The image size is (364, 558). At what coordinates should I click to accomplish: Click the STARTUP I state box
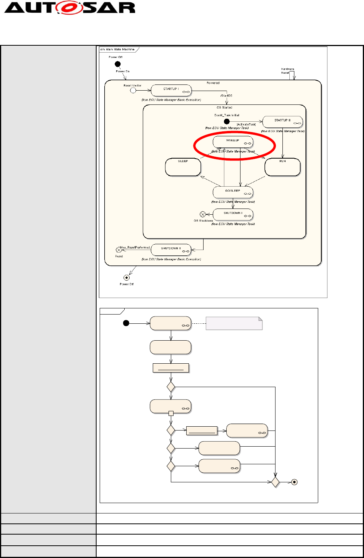coord(171,90)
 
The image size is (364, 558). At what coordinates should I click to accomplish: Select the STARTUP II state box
coord(282,122)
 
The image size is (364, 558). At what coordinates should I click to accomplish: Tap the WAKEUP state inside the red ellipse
coord(233,142)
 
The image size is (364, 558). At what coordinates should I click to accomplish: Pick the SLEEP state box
coord(183,167)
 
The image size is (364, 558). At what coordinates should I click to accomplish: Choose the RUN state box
coord(282,167)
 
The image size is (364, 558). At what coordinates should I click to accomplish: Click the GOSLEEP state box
coord(233,192)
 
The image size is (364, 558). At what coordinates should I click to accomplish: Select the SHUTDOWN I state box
coord(233,214)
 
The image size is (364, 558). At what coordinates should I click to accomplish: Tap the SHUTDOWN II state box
coord(171,250)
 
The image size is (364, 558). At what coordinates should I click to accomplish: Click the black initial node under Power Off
coord(118,64)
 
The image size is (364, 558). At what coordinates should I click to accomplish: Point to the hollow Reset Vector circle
coord(133,91)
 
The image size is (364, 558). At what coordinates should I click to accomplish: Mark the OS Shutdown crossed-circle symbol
coord(202,214)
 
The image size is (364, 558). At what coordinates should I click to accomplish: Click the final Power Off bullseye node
coord(126,277)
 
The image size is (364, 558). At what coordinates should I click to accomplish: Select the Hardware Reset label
coord(288,71)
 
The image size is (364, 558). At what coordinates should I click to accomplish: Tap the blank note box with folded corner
coord(234,324)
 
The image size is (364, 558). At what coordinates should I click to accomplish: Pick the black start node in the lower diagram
coord(125,323)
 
